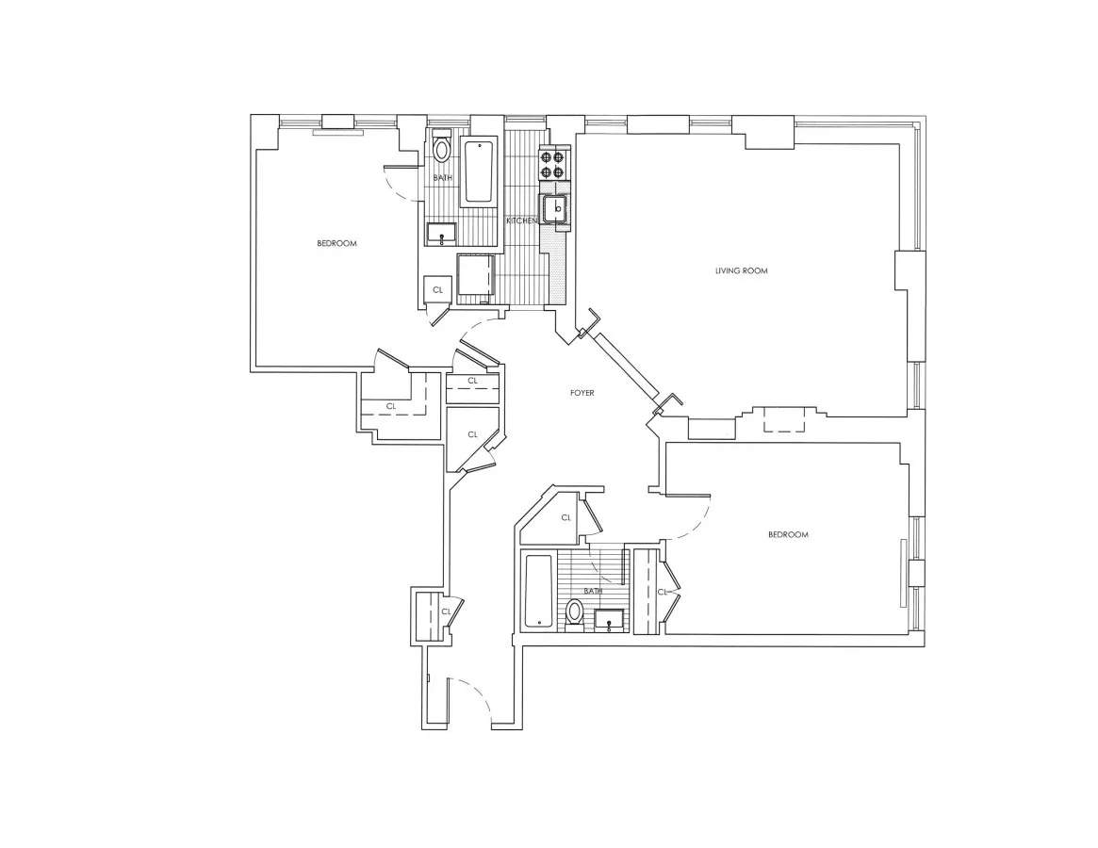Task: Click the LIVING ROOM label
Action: point(741,271)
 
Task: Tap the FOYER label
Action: point(582,393)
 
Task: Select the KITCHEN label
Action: point(521,220)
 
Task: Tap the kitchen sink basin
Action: point(556,208)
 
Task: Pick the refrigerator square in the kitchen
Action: point(476,278)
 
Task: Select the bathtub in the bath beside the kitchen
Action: point(480,171)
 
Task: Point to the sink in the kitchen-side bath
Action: point(441,232)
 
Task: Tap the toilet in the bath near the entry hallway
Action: point(573,613)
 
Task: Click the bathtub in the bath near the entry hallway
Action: point(538,591)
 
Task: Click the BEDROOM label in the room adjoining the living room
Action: point(788,535)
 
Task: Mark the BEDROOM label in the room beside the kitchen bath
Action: point(336,244)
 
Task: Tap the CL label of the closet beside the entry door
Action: point(446,612)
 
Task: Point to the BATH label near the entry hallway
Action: point(592,592)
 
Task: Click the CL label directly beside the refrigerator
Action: point(437,290)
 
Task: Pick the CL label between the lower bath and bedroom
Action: point(663,592)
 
